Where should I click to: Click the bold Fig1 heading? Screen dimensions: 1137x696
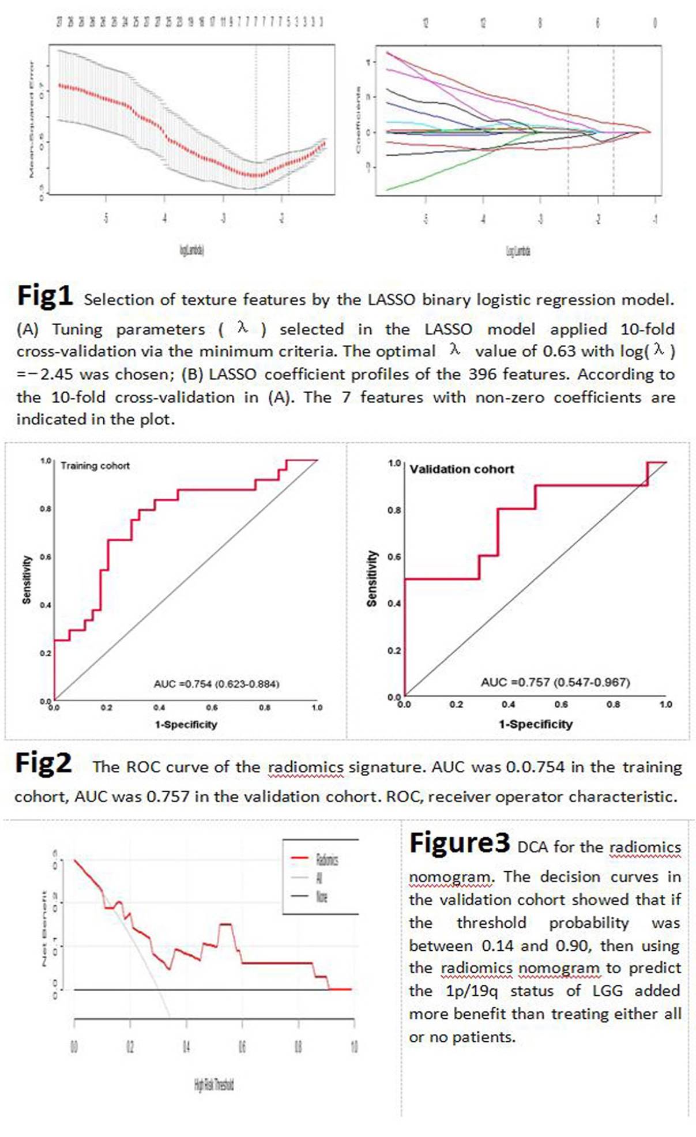tap(45, 296)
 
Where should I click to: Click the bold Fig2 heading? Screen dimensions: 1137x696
tap(43, 763)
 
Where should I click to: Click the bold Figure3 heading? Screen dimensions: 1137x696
tap(460, 843)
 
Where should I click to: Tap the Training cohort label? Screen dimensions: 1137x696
tap(95, 466)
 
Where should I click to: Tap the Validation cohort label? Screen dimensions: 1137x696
tap(461, 469)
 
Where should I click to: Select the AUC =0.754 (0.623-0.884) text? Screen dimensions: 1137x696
tap(216, 684)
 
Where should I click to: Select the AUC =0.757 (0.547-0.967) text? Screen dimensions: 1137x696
tap(555, 682)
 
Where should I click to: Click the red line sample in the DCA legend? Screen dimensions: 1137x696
tap(300, 859)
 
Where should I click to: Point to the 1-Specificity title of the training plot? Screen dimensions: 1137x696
tap(186, 724)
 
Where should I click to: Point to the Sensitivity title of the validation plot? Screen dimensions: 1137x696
tap(372, 578)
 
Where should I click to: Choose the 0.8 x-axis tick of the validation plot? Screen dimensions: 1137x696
tap(613, 705)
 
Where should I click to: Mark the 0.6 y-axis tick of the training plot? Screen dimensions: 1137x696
tap(45, 557)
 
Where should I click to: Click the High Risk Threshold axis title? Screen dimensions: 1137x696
tap(214, 1085)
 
